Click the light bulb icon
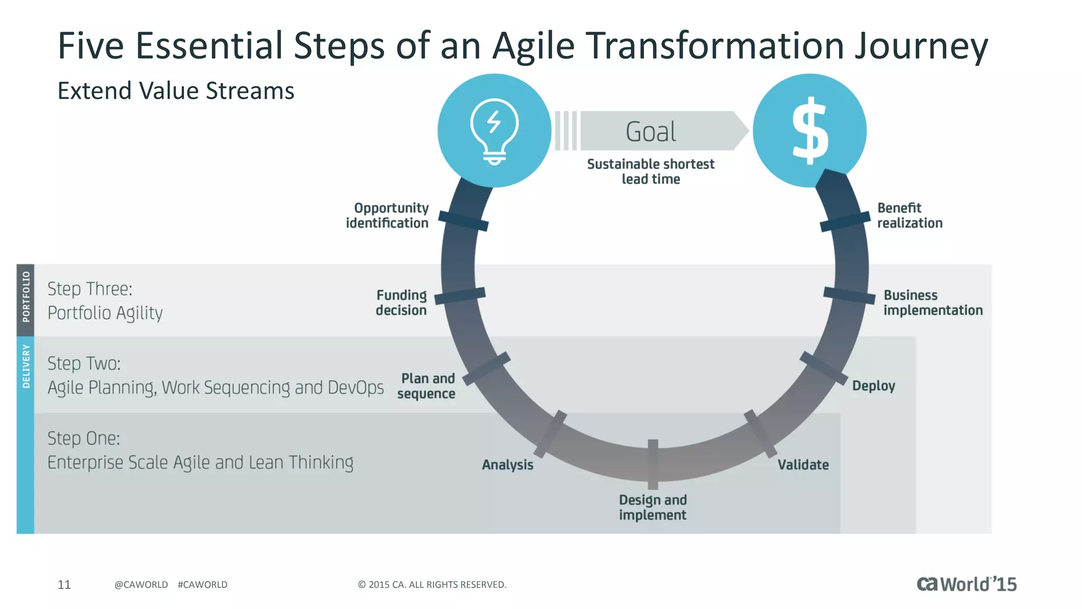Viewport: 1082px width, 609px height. [495, 131]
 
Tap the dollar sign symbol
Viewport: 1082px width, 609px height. [810, 131]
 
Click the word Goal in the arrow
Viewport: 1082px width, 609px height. [651, 132]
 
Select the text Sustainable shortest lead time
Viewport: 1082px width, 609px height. [650, 172]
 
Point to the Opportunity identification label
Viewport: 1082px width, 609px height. [387, 216]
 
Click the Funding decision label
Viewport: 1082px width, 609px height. [401, 302]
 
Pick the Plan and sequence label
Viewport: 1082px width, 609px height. [426, 386]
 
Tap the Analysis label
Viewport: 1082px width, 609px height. [507, 465]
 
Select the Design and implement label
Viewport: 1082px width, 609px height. [652, 508]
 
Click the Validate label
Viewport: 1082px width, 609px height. [803, 465]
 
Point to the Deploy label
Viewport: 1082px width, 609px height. [873, 386]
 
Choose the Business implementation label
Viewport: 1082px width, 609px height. [933, 302]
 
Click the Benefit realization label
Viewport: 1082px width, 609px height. [910, 216]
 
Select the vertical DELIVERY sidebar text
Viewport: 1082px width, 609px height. [26, 366]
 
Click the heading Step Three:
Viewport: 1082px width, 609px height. [90, 289]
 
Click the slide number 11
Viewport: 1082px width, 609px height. [64, 584]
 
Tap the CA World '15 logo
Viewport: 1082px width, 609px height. [966, 584]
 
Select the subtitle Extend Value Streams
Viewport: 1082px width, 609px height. [175, 91]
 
